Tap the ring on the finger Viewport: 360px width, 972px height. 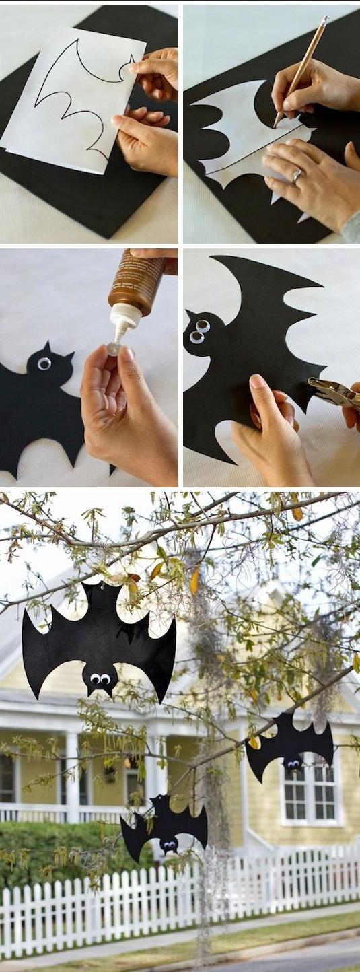click(x=297, y=176)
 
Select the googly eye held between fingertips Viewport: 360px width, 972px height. click(x=114, y=349)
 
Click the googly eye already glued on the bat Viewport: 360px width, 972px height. click(x=44, y=363)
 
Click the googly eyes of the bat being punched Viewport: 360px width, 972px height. click(x=199, y=331)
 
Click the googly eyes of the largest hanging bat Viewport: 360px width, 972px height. click(x=100, y=679)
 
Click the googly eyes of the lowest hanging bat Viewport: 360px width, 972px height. click(x=168, y=844)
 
